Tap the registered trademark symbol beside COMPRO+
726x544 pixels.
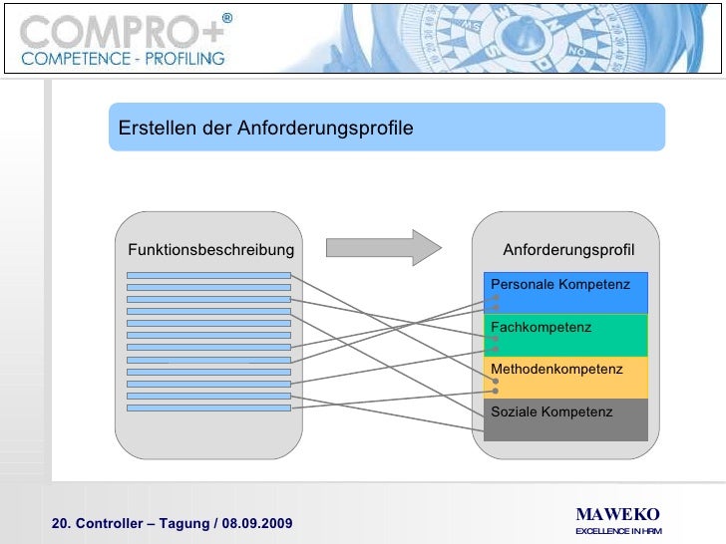[x=226, y=18]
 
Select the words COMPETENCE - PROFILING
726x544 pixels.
[x=123, y=59]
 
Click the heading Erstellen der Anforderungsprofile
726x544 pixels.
[x=265, y=130]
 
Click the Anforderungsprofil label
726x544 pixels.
[x=568, y=249]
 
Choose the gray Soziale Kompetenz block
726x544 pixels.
[x=565, y=419]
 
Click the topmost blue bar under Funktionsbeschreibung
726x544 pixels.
[x=209, y=275]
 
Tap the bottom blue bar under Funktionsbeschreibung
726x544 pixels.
[x=209, y=408]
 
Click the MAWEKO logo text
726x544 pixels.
[x=617, y=514]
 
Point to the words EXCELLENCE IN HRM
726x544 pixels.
[x=618, y=531]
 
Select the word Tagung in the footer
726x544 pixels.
[x=182, y=524]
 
